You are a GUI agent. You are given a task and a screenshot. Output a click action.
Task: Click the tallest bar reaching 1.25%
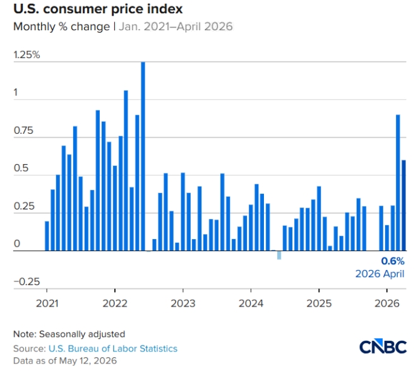143,156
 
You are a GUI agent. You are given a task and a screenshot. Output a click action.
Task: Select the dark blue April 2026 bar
404,205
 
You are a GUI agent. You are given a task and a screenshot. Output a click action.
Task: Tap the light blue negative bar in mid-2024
279,255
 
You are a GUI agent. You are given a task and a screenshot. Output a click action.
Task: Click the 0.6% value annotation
393,261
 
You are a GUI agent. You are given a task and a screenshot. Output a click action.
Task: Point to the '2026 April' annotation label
380,274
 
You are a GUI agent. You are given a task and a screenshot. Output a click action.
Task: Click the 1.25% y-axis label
27,55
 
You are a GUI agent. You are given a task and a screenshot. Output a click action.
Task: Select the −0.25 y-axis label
27,281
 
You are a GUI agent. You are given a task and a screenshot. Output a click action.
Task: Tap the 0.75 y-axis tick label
23,131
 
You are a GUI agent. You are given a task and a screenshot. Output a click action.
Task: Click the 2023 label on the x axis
183,303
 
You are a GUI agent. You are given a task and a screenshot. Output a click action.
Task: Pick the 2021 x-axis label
47,303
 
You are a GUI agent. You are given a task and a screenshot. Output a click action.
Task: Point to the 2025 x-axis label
319,303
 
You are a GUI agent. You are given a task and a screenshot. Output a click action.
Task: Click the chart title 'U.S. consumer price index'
98,9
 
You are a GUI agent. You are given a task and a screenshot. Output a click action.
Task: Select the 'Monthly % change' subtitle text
62,26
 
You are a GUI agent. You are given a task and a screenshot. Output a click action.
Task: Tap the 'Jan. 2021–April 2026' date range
176,26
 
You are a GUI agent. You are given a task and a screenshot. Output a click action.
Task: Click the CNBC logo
383,346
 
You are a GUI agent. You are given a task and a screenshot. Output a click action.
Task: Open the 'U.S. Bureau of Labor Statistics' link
113,349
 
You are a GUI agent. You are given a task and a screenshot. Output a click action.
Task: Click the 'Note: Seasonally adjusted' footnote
69,334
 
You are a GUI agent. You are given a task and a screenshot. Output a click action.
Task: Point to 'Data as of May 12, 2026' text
65,361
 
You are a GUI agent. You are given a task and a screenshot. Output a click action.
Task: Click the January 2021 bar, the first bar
47,236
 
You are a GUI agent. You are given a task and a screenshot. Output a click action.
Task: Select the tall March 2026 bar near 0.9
398,183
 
